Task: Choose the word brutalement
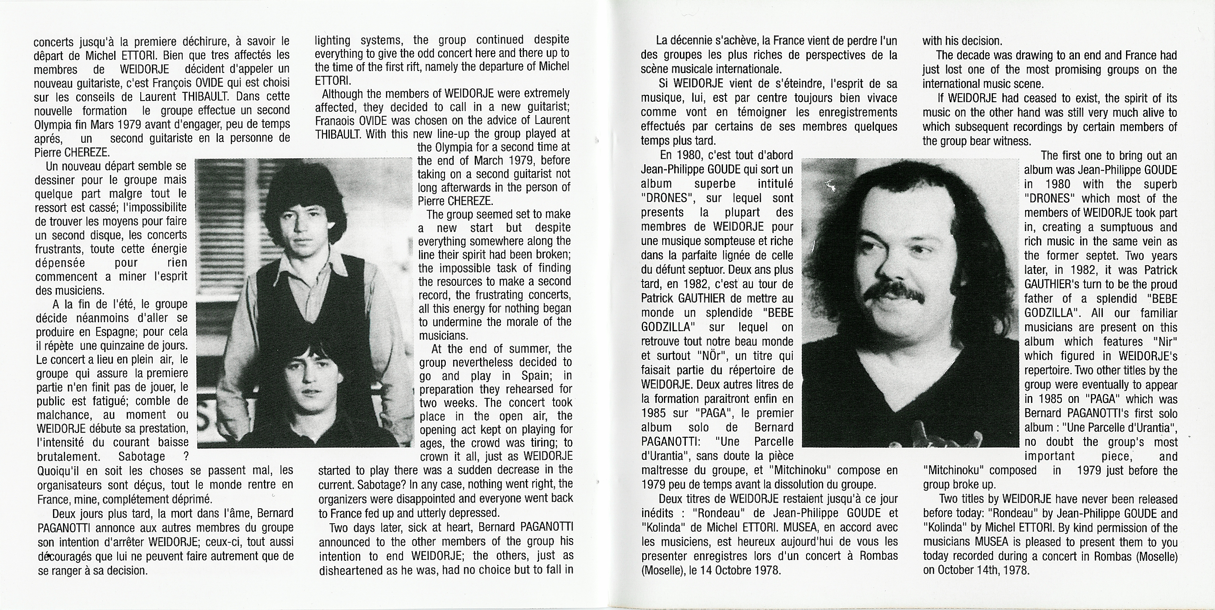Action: [68, 457]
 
